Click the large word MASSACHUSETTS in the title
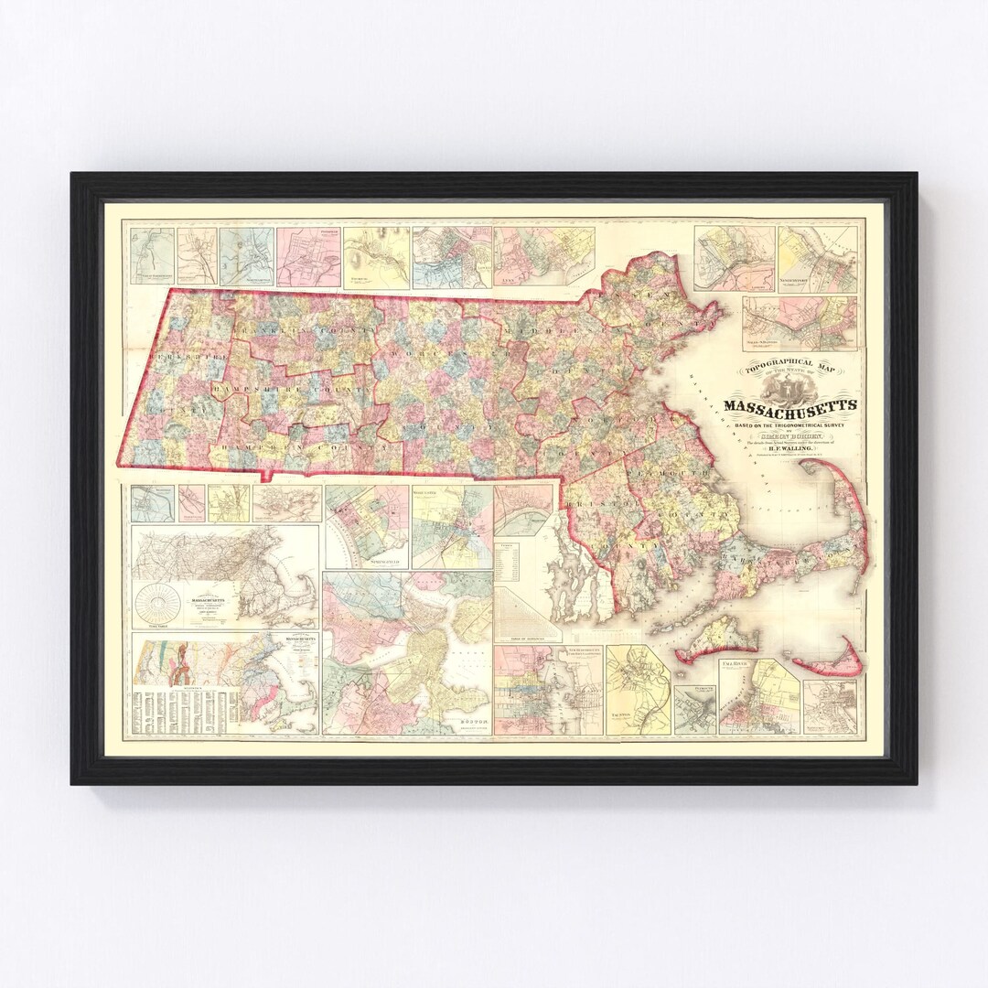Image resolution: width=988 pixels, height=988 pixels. click(790, 405)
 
